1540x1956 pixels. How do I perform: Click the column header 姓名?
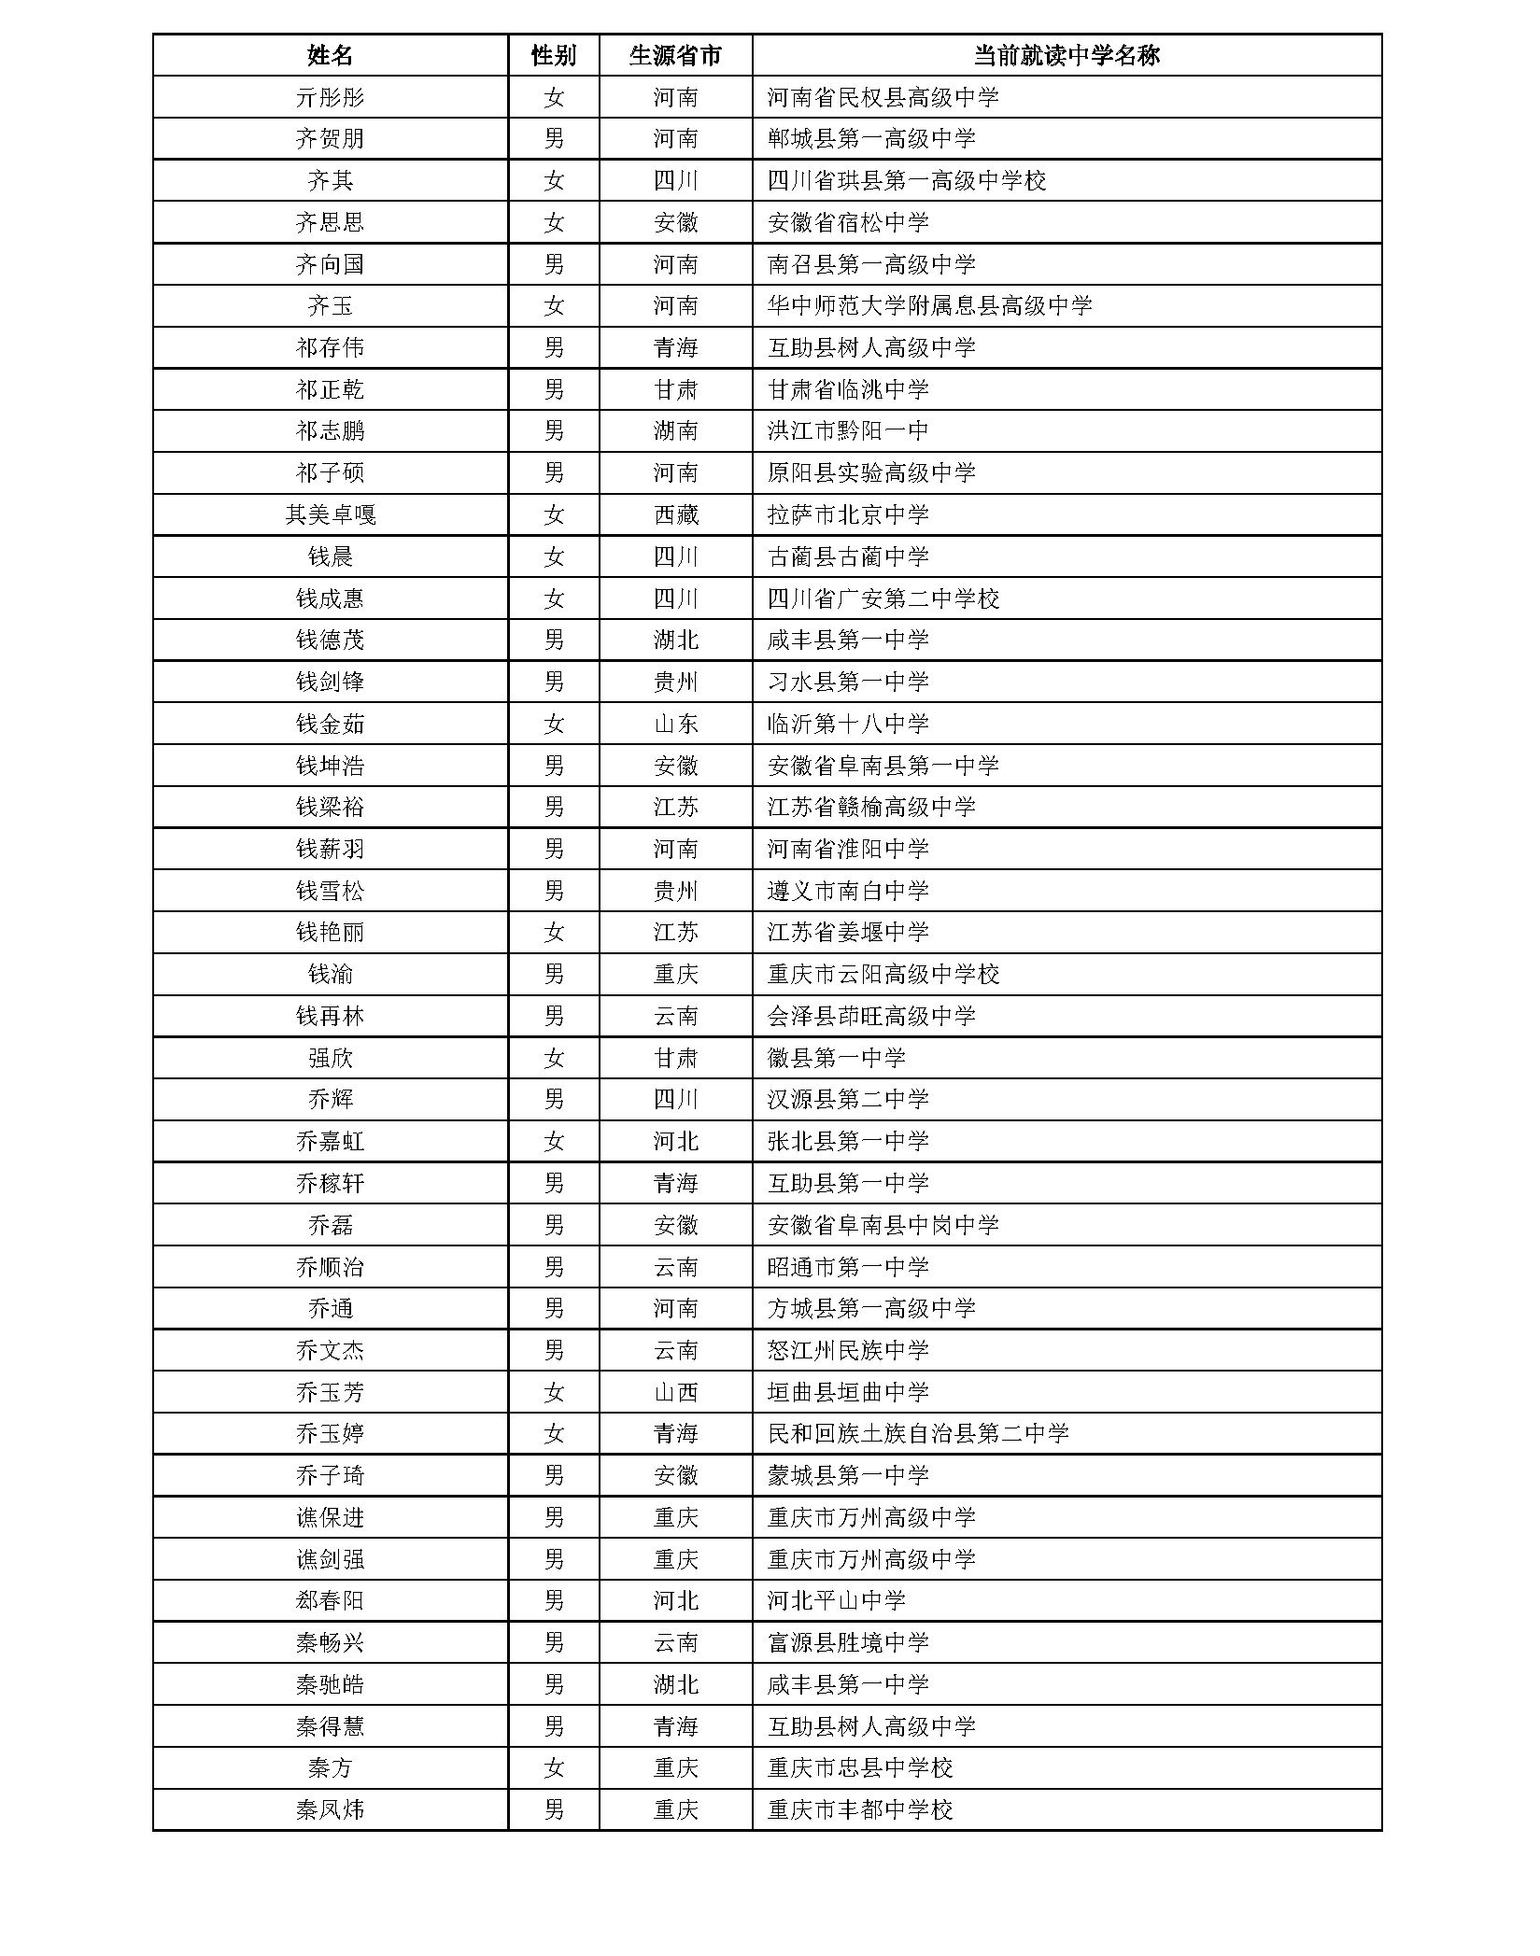pos(330,55)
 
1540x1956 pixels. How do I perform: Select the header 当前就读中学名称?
pos(1066,55)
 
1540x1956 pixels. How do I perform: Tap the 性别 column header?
pos(553,55)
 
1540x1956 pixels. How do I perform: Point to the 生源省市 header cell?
pos(675,55)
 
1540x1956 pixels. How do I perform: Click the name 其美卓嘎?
pos(330,514)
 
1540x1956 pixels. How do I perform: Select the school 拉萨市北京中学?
pos(848,514)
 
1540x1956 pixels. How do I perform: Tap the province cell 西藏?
pos(675,514)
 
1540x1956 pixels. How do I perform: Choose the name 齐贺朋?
pos(330,139)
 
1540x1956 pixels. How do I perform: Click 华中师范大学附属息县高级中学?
pos(929,305)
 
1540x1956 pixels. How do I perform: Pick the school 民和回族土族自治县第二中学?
pos(918,1433)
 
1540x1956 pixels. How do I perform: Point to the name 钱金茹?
pos(330,724)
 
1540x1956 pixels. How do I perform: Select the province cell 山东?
pos(675,724)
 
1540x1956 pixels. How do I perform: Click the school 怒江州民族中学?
pos(848,1350)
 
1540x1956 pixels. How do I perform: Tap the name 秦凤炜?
pos(330,1809)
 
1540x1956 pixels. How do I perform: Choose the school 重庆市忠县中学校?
pos(859,1767)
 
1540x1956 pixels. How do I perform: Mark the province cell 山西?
pos(675,1392)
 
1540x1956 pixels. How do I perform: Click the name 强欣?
pos(330,1058)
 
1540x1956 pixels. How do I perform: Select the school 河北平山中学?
pos(836,1600)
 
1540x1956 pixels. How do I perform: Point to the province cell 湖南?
pos(675,430)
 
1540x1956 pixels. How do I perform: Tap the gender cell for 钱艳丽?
pos(553,932)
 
